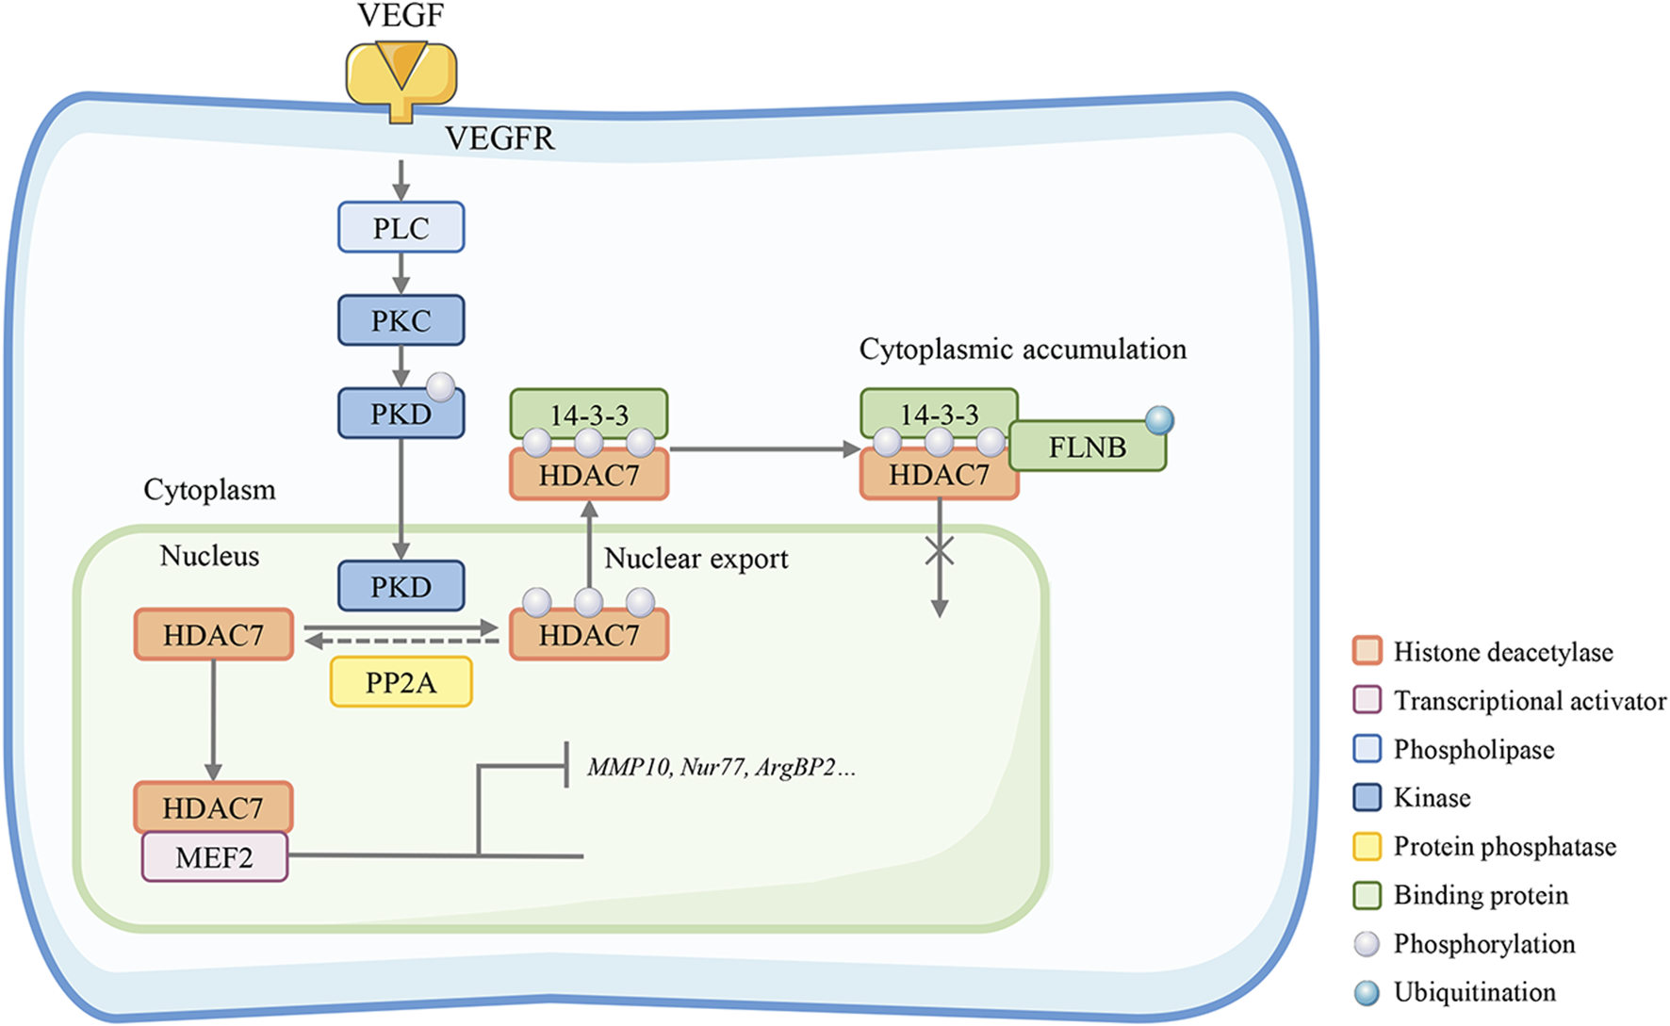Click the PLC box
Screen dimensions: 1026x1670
401,227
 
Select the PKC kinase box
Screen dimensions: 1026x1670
401,320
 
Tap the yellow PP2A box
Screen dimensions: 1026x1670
401,682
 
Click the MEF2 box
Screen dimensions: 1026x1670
214,857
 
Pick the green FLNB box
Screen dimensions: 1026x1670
1087,447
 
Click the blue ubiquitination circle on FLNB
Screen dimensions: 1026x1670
1159,419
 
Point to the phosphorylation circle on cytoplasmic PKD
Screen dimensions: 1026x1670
441,386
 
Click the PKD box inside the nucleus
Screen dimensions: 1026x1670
401,586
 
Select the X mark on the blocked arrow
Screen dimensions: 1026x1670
939,551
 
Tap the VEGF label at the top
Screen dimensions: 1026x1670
401,15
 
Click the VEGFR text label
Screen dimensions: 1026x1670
499,138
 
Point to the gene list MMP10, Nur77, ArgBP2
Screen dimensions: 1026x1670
721,767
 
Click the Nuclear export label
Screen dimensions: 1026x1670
696,558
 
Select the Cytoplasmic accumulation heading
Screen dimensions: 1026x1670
1023,349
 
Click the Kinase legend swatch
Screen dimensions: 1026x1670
1367,798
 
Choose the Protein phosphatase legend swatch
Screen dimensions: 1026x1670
1367,846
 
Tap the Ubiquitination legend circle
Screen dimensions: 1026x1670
1367,992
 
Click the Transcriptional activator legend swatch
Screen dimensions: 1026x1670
1367,700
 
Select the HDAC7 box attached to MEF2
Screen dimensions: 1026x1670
213,807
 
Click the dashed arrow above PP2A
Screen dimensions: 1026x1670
401,642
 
